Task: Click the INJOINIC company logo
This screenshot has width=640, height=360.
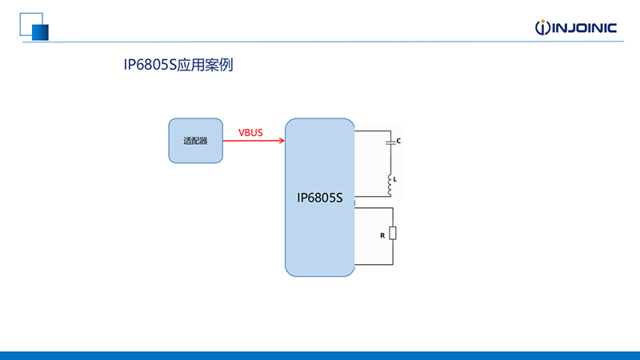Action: pyautogui.click(x=575, y=27)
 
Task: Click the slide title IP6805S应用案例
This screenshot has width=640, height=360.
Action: pyautogui.click(x=178, y=65)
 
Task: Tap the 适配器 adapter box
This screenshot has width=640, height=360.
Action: pyautogui.click(x=195, y=141)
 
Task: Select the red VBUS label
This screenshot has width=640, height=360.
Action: pyautogui.click(x=250, y=133)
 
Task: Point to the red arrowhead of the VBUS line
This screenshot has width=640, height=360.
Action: pyautogui.click(x=282, y=141)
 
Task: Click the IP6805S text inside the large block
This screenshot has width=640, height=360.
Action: pyautogui.click(x=319, y=198)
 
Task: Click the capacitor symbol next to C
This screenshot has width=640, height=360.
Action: pyautogui.click(x=390, y=142)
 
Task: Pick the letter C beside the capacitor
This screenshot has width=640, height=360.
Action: pyautogui.click(x=398, y=141)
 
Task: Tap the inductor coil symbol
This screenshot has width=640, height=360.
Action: pyautogui.click(x=390, y=185)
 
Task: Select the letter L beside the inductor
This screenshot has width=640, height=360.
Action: pyautogui.click(x=394, y=179)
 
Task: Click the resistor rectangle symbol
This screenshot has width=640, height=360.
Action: pyautogui.click(x=393, y=233)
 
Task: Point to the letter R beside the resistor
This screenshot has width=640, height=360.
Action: pyautogui.click(x=382, y=235)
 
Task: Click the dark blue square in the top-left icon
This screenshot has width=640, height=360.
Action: pyautogui.click(x=41, y=33)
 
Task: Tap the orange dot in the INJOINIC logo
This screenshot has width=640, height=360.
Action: pyautogui.click(x=543, y=22)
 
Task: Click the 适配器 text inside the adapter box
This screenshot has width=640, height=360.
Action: pyautogui.click(x=195, y=141)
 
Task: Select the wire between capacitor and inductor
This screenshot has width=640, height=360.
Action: pyautogui.click(x=390, y=159)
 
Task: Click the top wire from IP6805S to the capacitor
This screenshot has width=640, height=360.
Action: pyautogui.click(x=373, y=131)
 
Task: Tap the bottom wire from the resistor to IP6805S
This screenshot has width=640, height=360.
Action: pyautogui.click(x=374, y=265)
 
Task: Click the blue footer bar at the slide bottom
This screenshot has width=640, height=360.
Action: pyautogui.click(x=320, y=356)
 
